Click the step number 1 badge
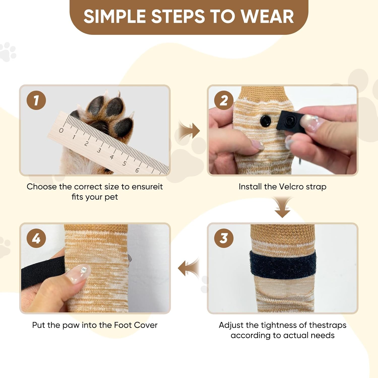[36, 100]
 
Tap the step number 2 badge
[224, 100]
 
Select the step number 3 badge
[224, 238]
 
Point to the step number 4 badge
[36, 238]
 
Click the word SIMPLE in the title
[115, 17]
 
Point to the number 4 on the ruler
[111, 157]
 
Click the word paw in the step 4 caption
[71, 325]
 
